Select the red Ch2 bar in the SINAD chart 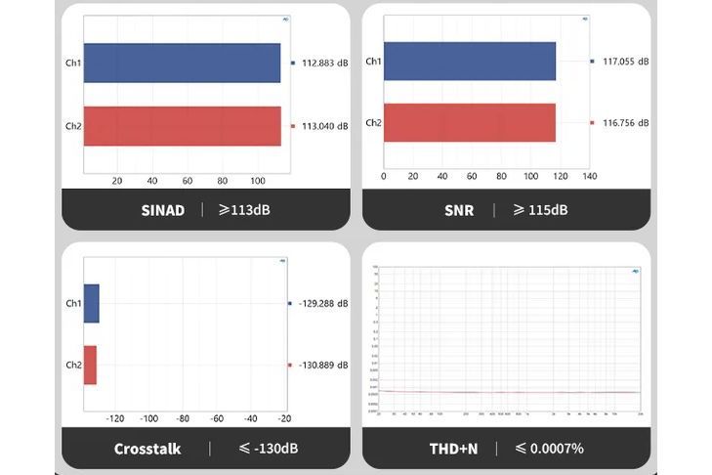point(182,126)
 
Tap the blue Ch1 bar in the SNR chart point(471,62)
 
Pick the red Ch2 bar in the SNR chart point(471,122)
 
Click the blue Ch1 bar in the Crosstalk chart point(92,303)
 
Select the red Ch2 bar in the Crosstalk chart point(90,365)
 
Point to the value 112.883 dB point(325,65)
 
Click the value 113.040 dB point(325,126)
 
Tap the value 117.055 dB point(625,62)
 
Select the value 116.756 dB point(625,122)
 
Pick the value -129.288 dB point(323,303)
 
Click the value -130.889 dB point(323,365)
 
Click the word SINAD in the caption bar point(162,209)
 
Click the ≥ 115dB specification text point(540,209)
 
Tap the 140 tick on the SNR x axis point(590,176)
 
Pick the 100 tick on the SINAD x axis point(258,180)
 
